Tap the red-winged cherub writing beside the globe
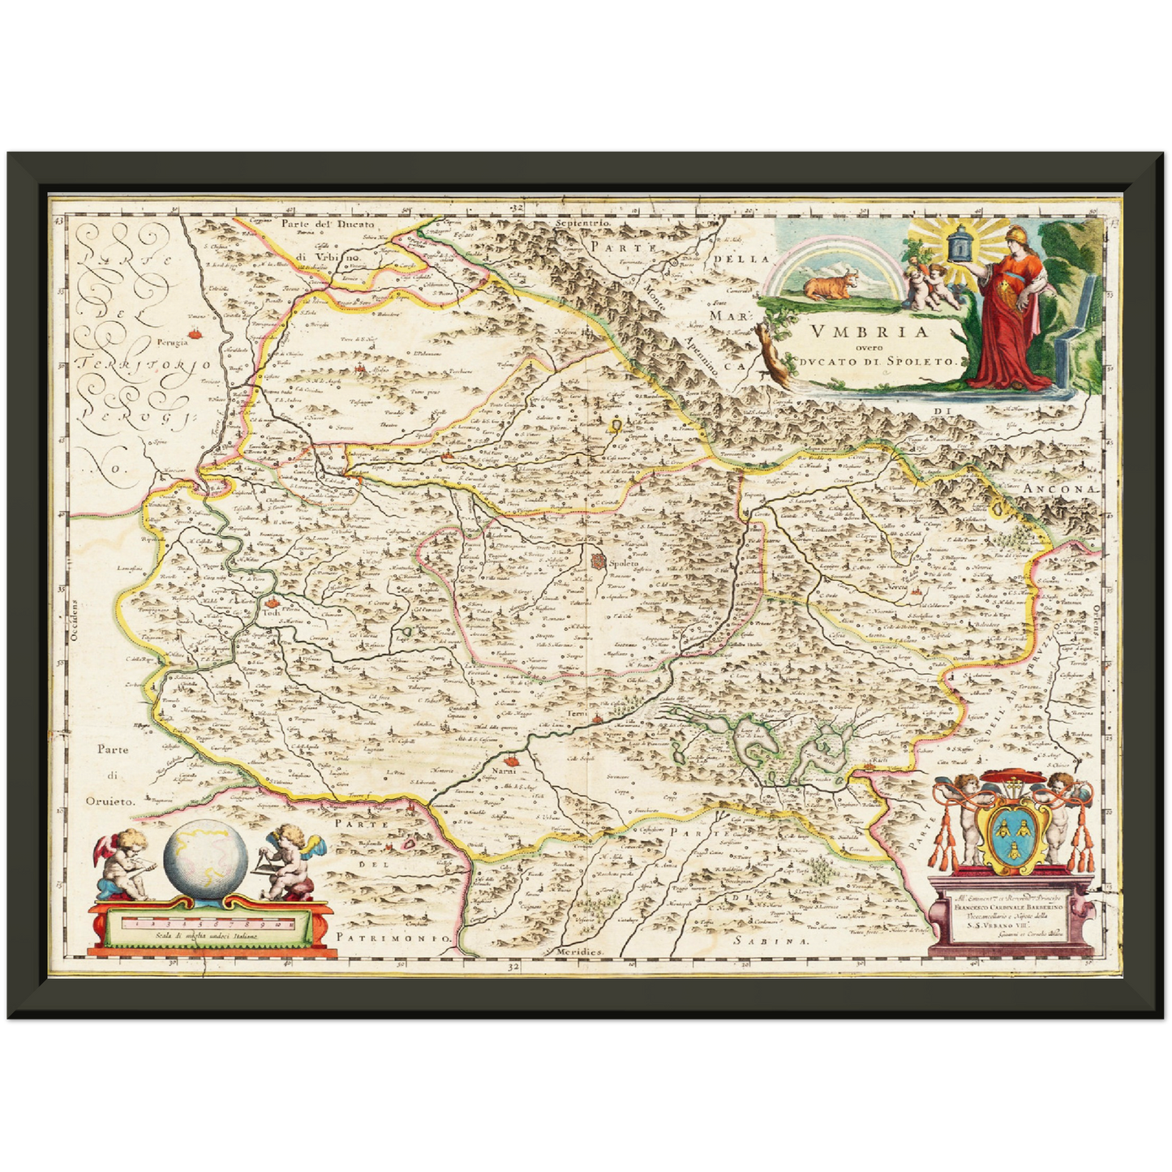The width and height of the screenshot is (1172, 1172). pos(122,863)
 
